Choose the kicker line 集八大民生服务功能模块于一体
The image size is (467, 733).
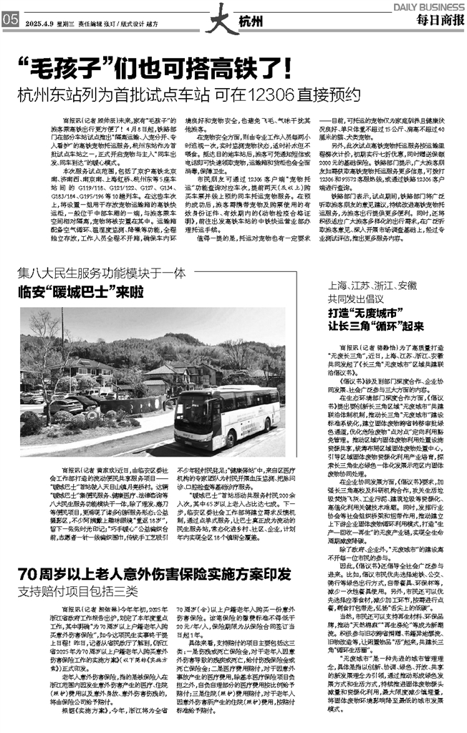(x=102, y=272)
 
